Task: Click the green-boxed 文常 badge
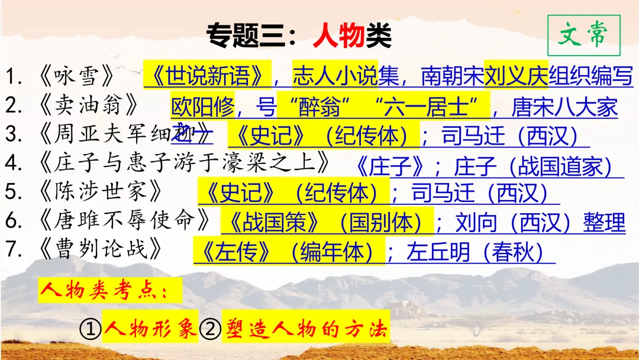583,36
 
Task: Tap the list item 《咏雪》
76,77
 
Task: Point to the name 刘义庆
516,75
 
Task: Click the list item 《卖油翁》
89,105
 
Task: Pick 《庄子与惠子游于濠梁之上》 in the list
183,162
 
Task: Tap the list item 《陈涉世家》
101,191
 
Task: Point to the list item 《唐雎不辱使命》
124,220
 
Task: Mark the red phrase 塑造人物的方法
305,329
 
